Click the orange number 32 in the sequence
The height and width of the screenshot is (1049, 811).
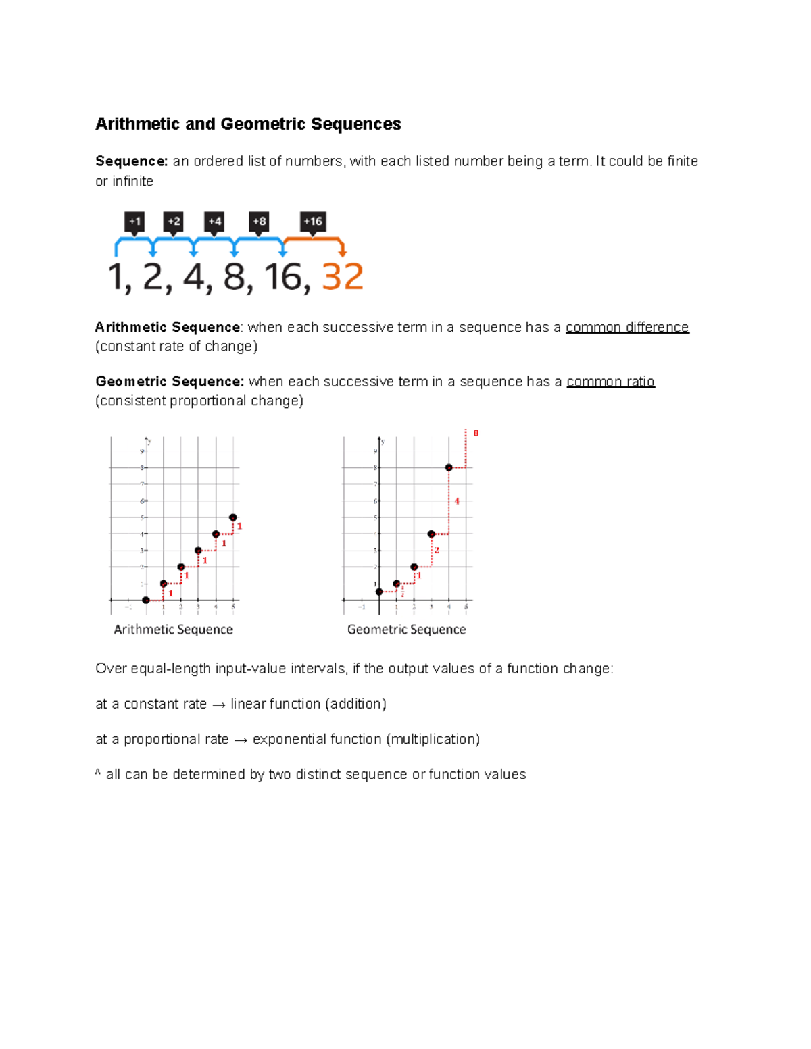tap(343, 277)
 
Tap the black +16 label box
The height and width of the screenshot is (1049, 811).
tap(313, 222)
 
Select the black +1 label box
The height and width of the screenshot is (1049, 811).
tap(134, 222)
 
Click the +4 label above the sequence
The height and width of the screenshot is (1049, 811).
tap(214, 222)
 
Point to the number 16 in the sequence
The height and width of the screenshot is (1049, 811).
tap(282, 277)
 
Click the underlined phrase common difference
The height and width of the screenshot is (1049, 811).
tap(626, 328)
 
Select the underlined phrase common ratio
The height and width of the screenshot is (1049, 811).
tap(610, 382)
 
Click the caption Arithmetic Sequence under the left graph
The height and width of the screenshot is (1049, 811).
tap(173, 630)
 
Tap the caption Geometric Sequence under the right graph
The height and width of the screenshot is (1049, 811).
tap(406, 630)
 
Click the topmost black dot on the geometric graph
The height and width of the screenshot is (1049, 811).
tap(449, 467)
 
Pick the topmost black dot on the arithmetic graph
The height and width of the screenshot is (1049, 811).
tap(233, 517)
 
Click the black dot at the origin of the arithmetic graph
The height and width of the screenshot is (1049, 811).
tap(146, 600)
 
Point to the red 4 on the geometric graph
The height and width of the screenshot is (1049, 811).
tap(457, 501)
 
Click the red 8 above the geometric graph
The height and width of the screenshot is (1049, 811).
tap(476, 433)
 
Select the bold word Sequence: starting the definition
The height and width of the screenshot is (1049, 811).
tap(131, 161)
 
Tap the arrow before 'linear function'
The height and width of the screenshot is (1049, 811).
tap(218, 705)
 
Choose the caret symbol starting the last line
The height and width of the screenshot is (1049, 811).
tap(98, 772)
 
